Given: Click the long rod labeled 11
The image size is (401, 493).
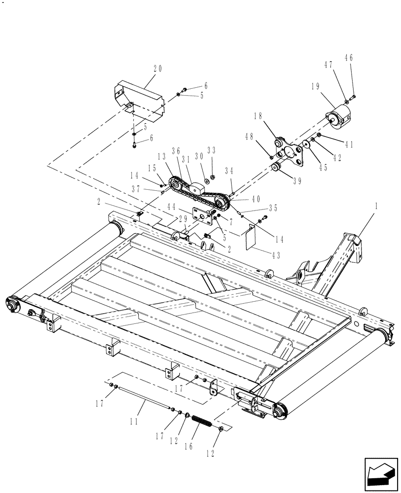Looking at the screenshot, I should point(143,397).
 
